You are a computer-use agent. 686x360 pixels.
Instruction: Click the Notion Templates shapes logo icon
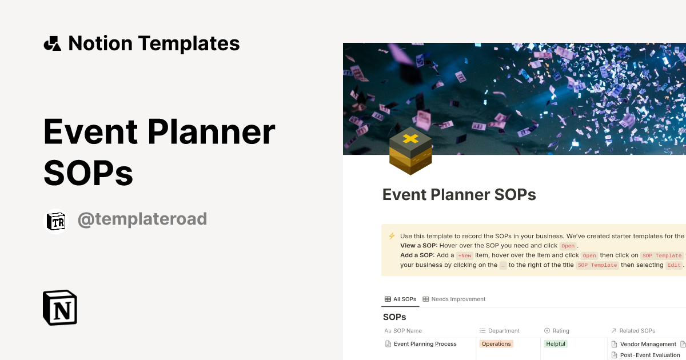tap(52, 43)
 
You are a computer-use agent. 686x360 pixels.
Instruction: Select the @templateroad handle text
tap(142, 219)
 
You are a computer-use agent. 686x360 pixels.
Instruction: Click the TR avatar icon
tap(56, 222)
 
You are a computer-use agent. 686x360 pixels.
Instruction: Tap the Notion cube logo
tap(60, 307)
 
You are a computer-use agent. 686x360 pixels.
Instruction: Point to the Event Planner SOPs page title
tap(459, 195)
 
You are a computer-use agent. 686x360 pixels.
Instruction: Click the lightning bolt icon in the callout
tap(392, 236)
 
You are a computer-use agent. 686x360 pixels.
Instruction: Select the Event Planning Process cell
tap(425, 344)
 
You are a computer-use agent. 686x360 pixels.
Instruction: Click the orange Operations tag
tap(496, 344)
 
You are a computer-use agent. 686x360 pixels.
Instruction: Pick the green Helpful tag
tap(555, 344)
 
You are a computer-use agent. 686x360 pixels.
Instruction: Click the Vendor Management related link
tap(648, 344)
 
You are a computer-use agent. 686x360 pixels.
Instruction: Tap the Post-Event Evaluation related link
tap(649, 355)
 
